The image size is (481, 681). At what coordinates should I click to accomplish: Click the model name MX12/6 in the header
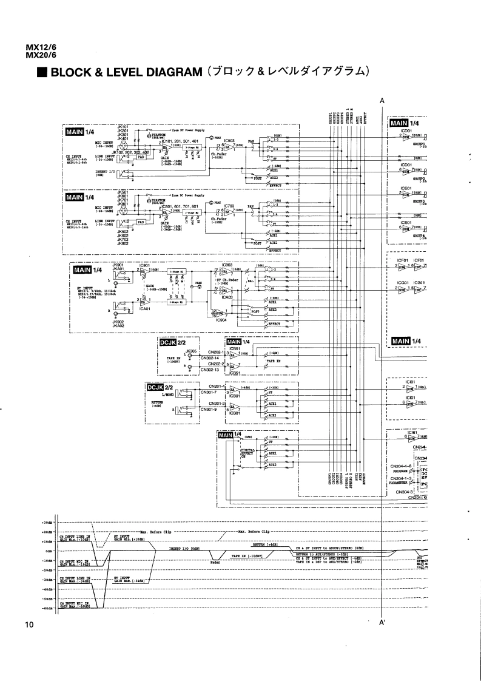pos(37,49)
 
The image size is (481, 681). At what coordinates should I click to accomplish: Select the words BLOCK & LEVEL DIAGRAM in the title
pos(125,72)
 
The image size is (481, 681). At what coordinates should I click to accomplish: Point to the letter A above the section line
pos(382,101)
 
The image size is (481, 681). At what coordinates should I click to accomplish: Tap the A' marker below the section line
pos(382,623)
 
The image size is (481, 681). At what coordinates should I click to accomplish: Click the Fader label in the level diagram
pos(215,562)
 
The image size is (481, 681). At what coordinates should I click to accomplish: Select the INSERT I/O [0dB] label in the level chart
pos(185,547)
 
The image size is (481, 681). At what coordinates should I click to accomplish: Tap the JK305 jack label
pos(192,351)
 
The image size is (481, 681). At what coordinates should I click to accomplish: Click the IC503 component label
pos(227,140)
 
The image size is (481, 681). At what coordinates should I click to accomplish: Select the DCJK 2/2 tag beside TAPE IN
pos(170,343)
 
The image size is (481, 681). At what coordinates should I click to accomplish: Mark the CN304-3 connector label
pos(404,492)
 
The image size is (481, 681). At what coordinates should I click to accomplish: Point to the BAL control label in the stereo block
pos(249,282)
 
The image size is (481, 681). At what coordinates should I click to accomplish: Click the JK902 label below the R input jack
pos(118,322)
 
